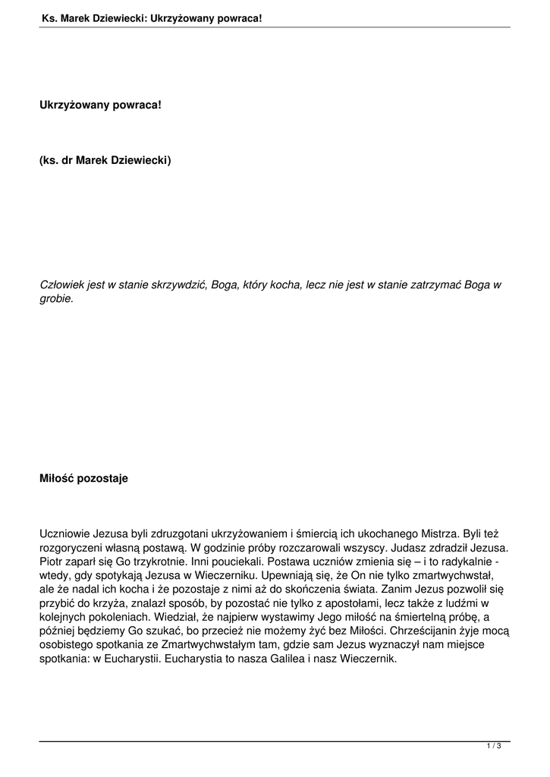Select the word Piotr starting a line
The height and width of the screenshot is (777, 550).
[x=52, y=562]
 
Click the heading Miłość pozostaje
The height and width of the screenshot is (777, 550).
[x=83, y=479]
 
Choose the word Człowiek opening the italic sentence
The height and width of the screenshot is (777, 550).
[x=63, y=285]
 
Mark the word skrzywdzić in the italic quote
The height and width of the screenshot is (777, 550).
[x=181, y=285]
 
